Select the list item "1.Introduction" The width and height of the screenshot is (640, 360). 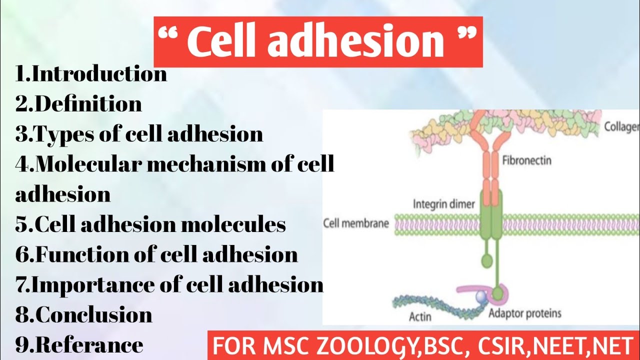[x=91, y=74]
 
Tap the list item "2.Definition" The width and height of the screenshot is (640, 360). [x=78, y=104]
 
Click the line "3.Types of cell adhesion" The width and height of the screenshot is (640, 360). [x=139, y=134]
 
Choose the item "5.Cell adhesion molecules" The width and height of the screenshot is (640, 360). [x=150, y=224]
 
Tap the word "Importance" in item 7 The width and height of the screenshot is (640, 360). [x=94, y=284]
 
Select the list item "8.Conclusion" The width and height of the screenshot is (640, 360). [x=84, y=315]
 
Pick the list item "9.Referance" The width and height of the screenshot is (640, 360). [x=79, y=345]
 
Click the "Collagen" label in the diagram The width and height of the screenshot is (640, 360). [x=621, y=126]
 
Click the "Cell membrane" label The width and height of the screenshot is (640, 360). [x=356, y=223]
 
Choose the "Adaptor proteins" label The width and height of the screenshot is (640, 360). [x=524, y=313]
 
